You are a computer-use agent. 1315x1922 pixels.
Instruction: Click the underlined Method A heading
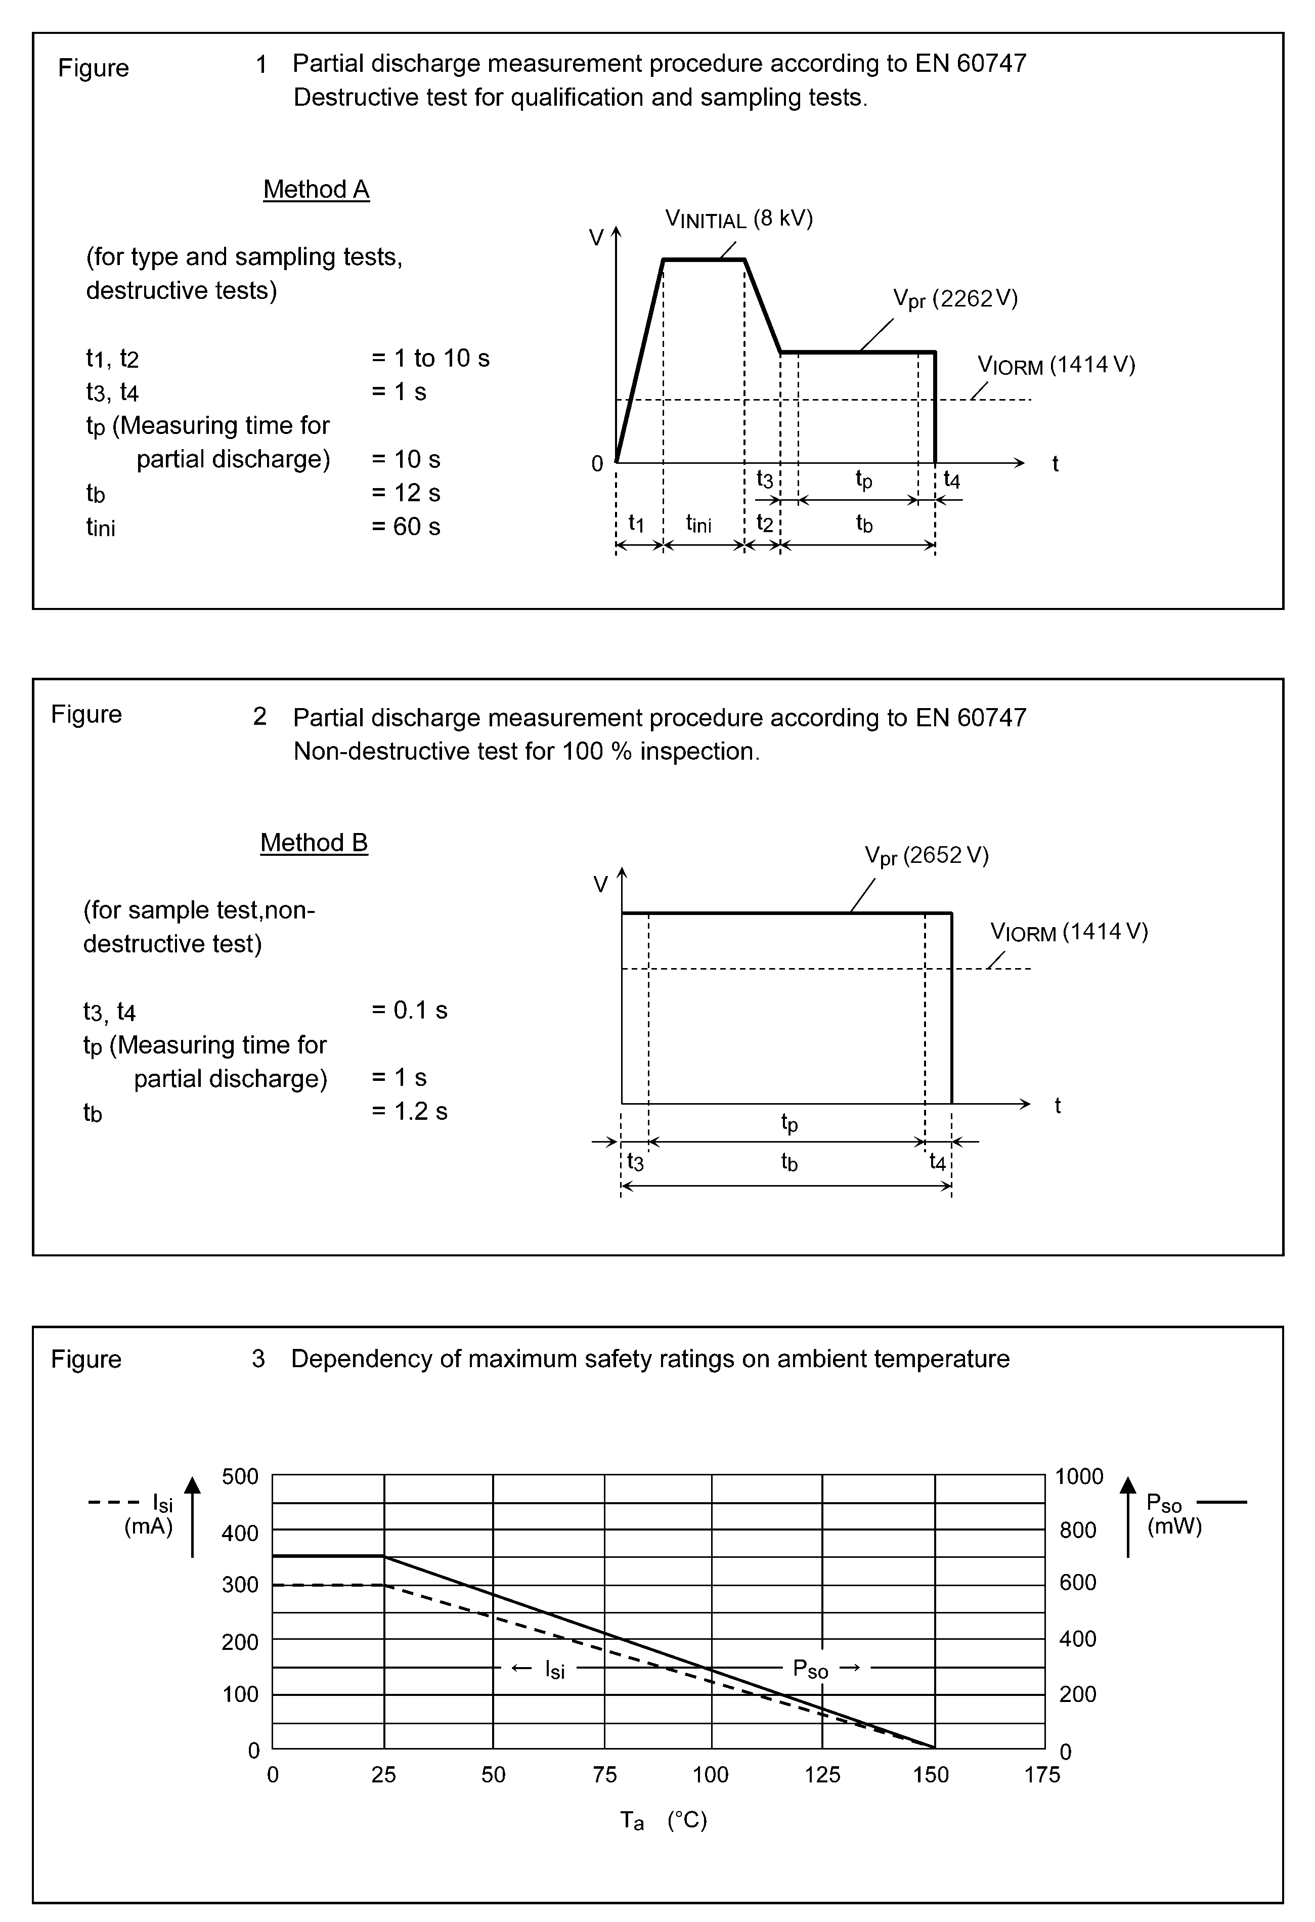pos(316,189)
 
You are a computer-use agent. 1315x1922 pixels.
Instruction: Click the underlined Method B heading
pos(314,843)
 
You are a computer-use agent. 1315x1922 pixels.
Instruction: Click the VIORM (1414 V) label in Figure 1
pos(1056,365)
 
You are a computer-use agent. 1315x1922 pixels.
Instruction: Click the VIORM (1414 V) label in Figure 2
pos(1069,932)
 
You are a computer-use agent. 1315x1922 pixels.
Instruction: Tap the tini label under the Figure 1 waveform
pos(699,523)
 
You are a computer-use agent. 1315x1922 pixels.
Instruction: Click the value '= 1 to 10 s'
pos(430,358)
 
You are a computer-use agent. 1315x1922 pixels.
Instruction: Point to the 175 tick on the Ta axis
pos(1041,1774)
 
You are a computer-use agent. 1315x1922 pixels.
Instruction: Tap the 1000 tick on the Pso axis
pos(1078,1476)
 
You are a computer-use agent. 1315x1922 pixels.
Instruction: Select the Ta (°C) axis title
pos(663,1820)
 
